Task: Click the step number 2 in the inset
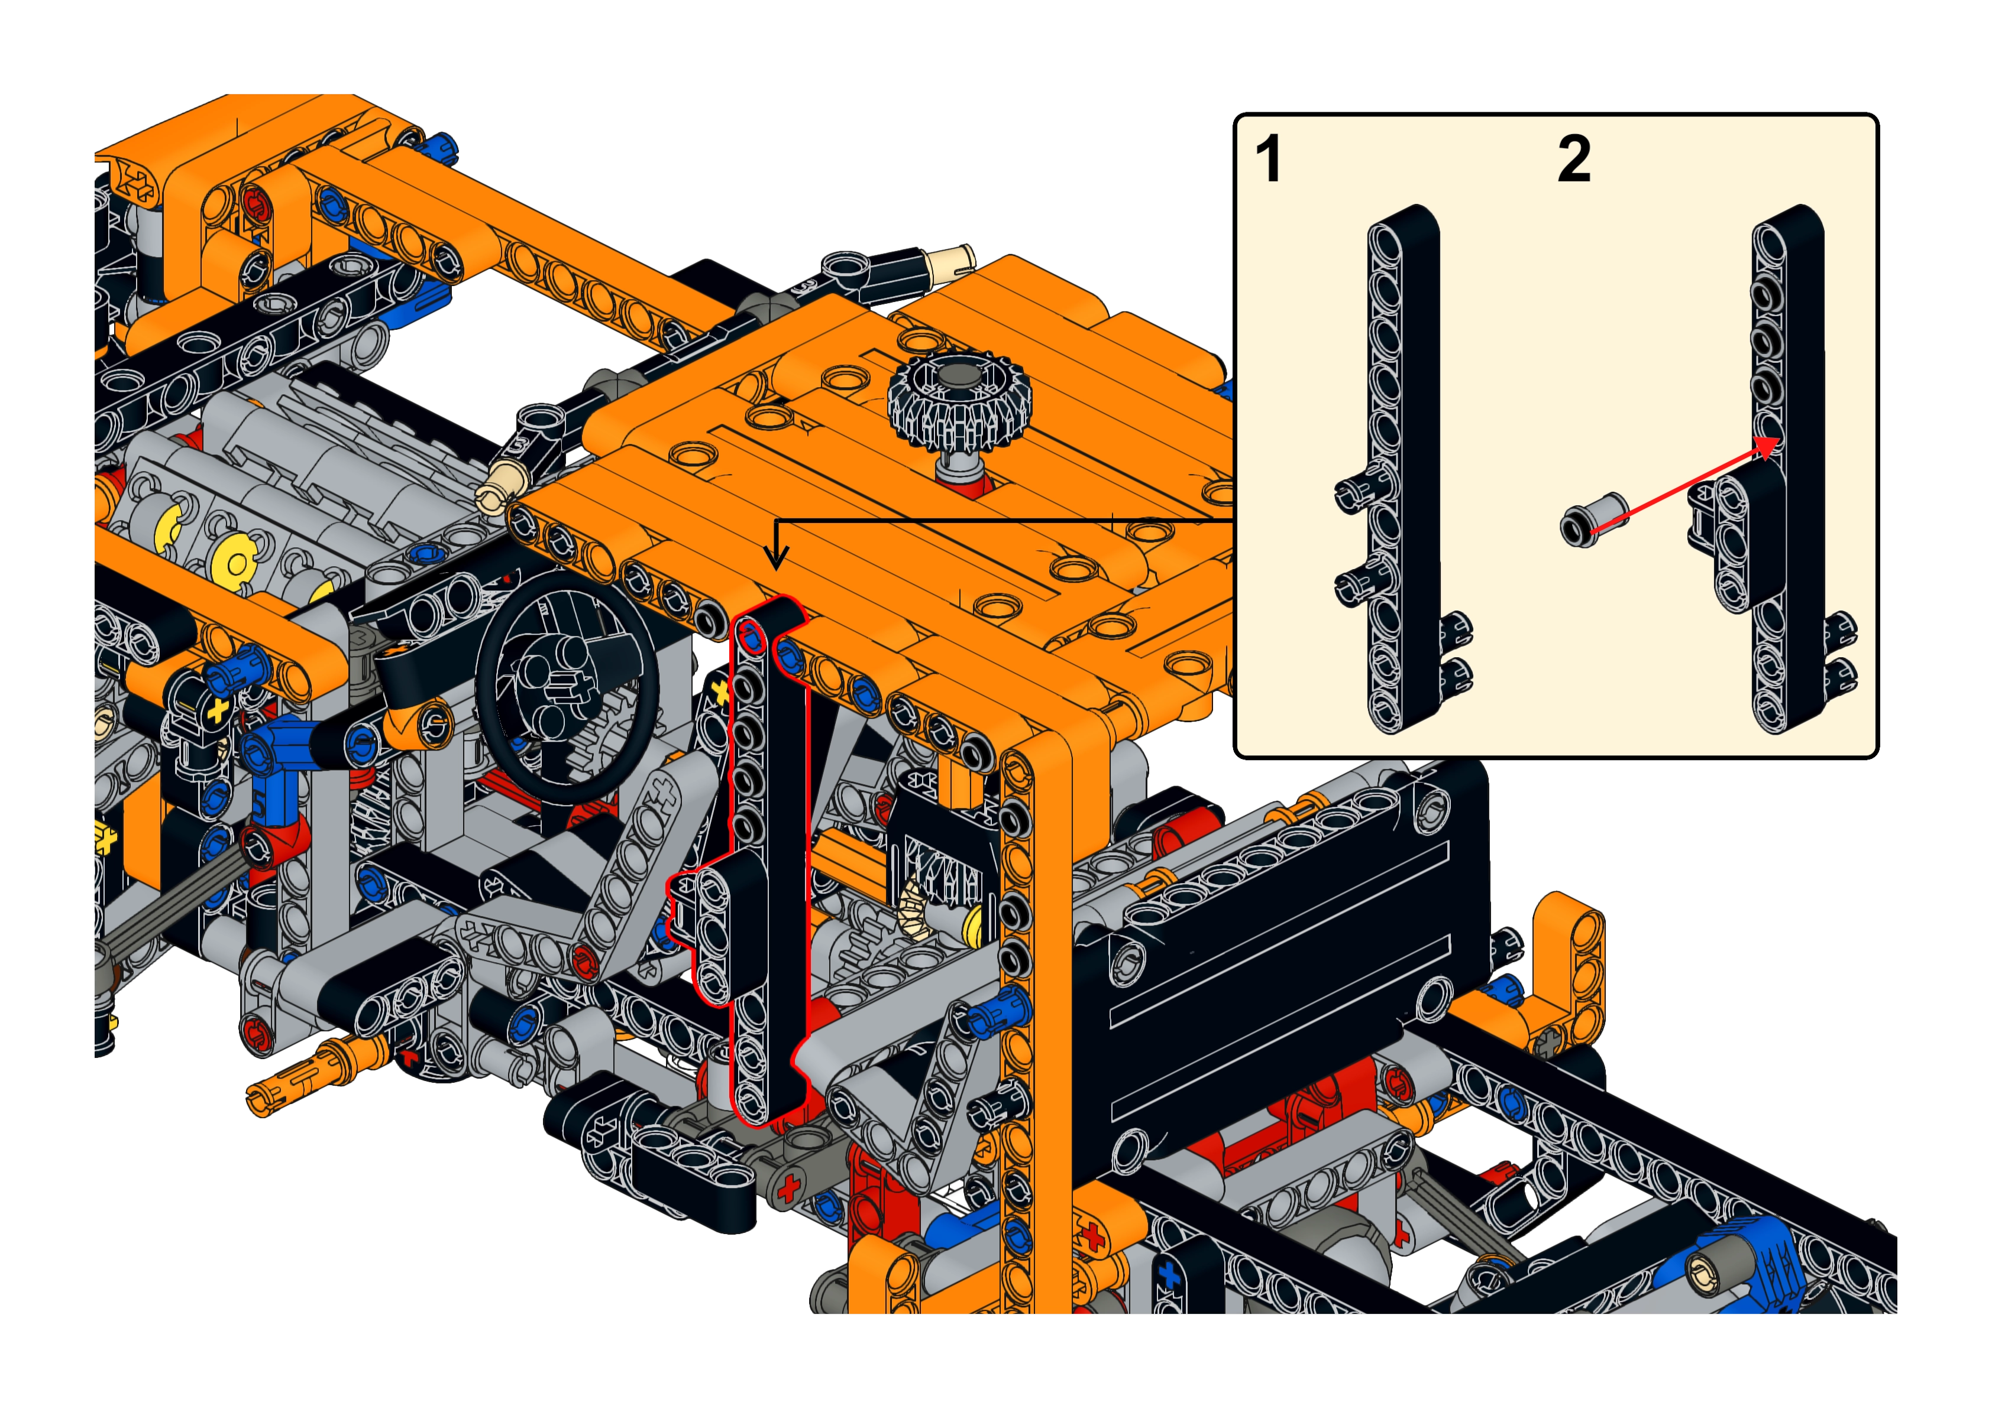1574,159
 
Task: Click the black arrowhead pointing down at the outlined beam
776,558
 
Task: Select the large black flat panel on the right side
1280,972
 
